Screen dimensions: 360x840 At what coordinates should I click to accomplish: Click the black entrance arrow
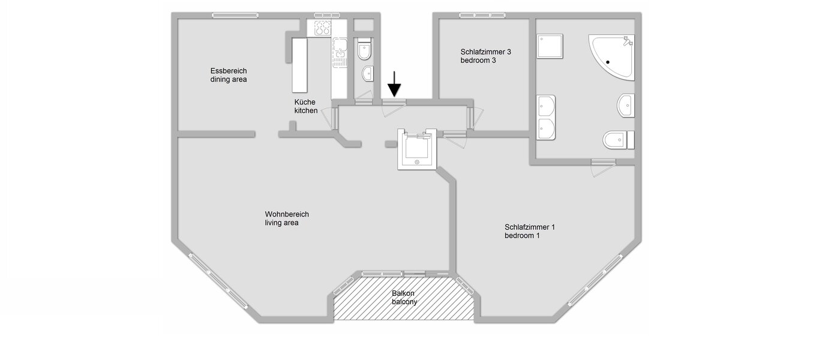394,84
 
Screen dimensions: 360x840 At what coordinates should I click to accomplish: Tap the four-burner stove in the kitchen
319,28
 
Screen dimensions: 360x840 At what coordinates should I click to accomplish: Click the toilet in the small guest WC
364,50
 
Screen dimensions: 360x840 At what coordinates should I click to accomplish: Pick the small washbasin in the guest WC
367,74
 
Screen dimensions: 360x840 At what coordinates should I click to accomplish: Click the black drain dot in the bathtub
608,61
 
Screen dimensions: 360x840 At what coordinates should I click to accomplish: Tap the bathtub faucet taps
628,41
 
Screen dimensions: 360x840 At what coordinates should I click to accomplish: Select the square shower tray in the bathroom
550,46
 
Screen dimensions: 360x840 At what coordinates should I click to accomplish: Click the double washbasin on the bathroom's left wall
546,117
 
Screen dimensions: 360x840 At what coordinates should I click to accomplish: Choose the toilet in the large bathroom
617,140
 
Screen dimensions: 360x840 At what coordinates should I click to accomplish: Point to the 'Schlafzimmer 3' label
486,52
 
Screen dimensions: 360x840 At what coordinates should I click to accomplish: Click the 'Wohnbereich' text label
287,214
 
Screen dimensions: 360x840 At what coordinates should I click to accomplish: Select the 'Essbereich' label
228,70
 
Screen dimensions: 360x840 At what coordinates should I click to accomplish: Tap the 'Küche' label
304,102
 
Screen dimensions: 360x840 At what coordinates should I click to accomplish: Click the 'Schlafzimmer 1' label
530,227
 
